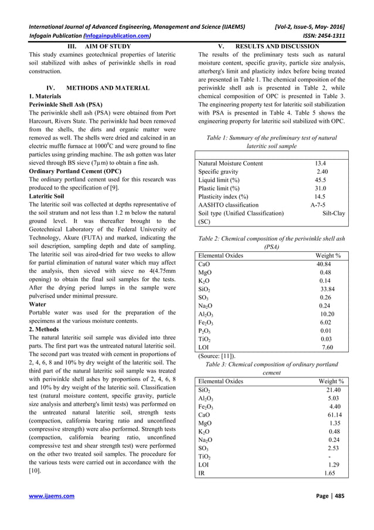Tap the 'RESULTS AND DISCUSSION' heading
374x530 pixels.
pos(277,46)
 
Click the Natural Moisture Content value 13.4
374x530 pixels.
pos(320,163)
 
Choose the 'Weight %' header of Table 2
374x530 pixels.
pos(328,256)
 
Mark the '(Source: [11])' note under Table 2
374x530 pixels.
pos(217,355)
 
